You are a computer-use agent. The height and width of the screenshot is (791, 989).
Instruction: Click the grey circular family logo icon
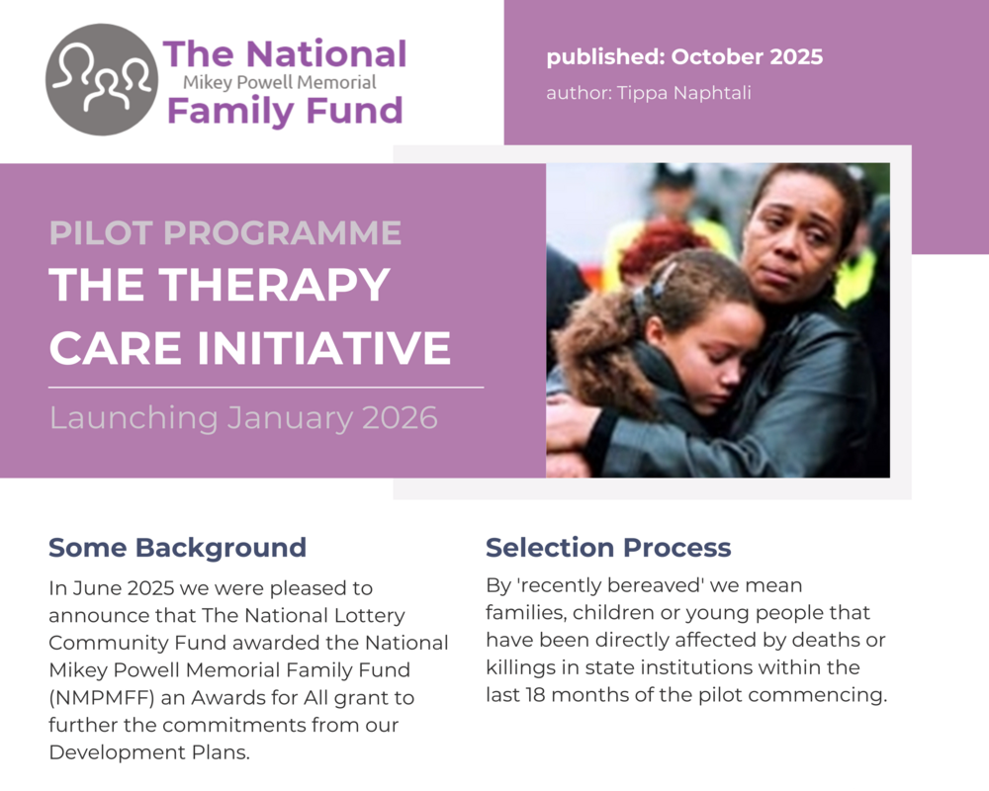tap(102, 79)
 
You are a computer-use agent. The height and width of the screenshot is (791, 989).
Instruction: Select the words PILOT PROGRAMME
tap(225, 233)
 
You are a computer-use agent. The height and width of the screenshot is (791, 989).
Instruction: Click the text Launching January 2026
tap(243, 417)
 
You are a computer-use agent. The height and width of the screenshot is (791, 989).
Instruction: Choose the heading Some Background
tap(177, 548)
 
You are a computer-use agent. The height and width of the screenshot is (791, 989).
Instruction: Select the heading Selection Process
tap(608, 548)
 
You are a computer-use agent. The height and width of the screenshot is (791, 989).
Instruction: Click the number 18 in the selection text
tap(530, 695)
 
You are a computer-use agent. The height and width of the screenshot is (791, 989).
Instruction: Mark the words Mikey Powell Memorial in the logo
tap(280, 83)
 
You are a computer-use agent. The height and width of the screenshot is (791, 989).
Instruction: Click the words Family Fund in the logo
tap(285, 110)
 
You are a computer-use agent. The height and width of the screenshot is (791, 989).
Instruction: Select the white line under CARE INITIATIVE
tap(266, 387)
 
